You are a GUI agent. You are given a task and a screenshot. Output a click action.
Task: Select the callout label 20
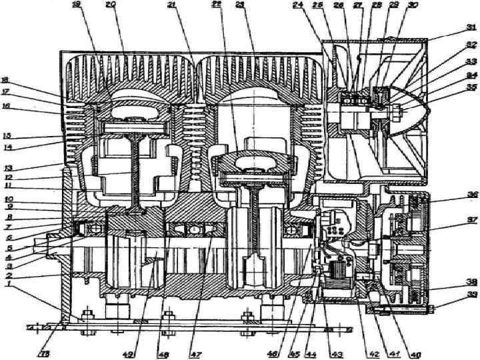click(x=111, y=5)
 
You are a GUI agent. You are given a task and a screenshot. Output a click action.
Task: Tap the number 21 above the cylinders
click(x=173, y=5)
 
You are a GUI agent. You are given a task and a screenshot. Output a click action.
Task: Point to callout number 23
click(x=241, y=5)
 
